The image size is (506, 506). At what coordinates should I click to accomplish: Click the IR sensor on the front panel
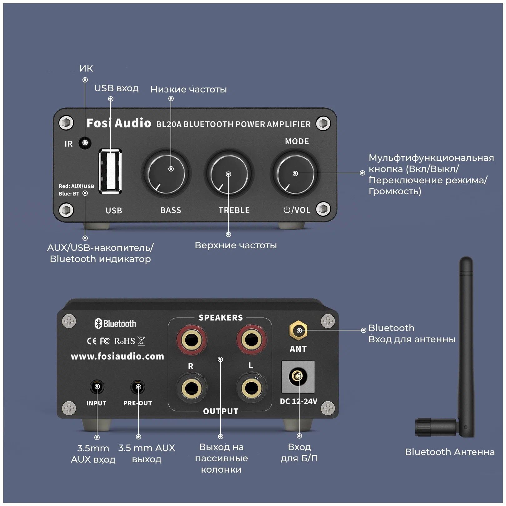point(85,143)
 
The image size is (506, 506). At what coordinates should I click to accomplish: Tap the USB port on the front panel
point(110,171)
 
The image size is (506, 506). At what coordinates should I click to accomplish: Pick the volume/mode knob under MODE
point(295,174)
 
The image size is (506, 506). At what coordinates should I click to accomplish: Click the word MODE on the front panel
point(297,141)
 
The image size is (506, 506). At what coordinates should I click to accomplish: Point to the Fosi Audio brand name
point(119,123)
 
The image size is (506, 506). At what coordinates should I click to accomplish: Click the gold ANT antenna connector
point(299,330)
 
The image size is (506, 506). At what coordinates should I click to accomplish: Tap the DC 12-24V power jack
point(298,376)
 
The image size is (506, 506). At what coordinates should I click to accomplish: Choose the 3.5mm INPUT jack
point(97,387)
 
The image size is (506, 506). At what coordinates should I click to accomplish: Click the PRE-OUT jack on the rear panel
point(138,387)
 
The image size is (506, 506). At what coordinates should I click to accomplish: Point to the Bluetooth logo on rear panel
point(115,324)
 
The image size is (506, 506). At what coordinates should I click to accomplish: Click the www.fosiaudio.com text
point(117,356)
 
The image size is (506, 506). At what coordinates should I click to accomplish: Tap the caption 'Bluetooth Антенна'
point(449,452)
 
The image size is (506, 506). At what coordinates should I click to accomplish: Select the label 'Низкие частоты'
point(189,89)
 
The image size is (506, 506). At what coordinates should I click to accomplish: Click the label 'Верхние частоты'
point(236,245)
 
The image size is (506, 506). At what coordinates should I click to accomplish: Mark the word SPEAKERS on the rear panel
point(221,318)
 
